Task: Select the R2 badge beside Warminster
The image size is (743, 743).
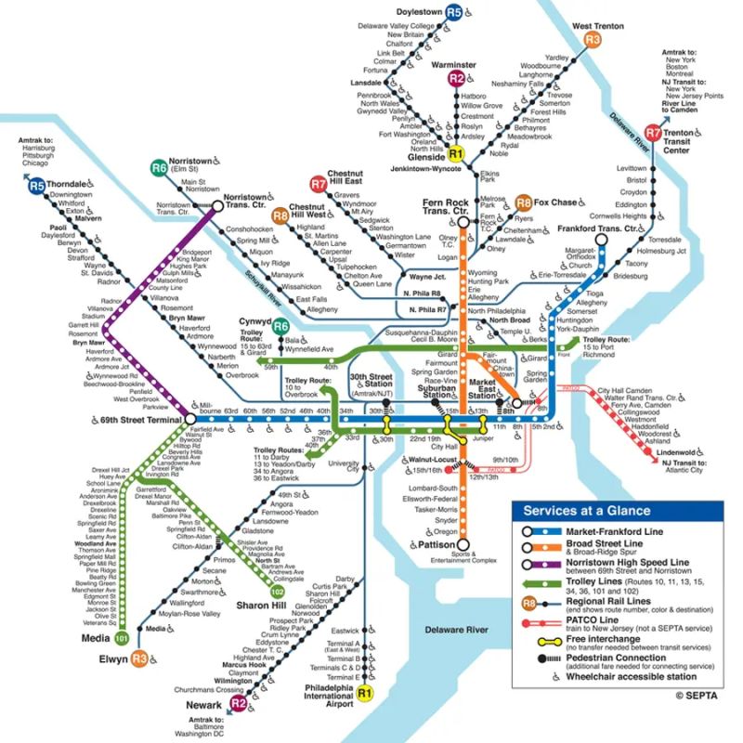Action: [456, 79]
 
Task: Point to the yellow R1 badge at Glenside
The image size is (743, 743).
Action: [455, 154]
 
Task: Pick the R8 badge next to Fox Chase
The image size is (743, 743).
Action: [524, 202]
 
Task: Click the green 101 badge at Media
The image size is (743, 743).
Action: [121, 639]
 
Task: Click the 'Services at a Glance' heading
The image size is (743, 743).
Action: [585, 510]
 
